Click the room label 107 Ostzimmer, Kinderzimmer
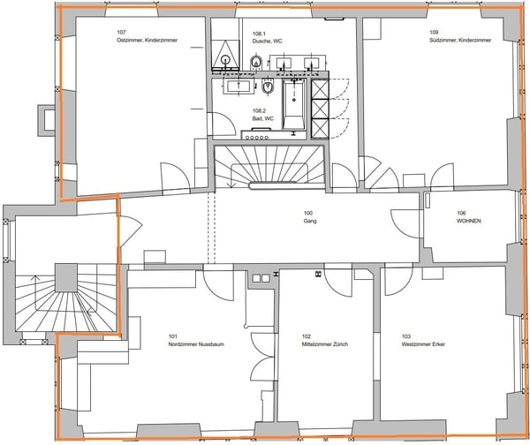click(x=147, y=36)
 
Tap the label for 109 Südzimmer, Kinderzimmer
click(x=460, y=36)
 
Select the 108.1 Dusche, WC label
click(x=267, y=37)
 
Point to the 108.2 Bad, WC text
click(x=263, y=115)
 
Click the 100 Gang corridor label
click(x=310, y=217)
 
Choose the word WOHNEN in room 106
click(x=468, y=221)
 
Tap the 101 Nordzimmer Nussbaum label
click(x=196, y=340)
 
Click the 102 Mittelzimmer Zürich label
click(x=324, y=340)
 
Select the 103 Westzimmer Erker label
click(x=423, y=340)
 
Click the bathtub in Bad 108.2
click(x=294, y=104)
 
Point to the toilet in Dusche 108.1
click(x=256, y=62)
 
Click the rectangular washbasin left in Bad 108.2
click(x=238, y=87)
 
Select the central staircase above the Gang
click(x=269, y=167)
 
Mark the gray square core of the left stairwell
click(x=66, y=278)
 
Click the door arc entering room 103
click(x=399, y=281)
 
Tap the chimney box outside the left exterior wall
click(x=46, y=120)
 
